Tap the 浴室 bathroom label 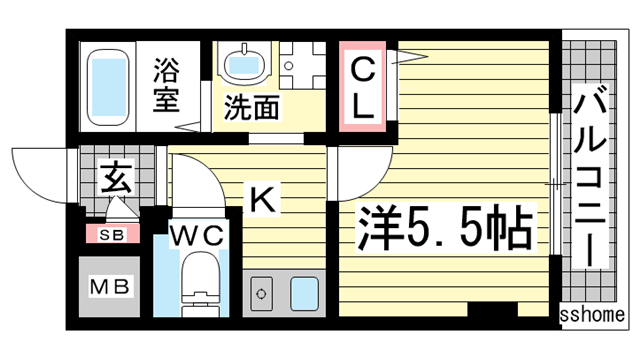[166, 85]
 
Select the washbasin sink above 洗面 [243, 64]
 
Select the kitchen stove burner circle [262, 295]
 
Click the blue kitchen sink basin [304, 294]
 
